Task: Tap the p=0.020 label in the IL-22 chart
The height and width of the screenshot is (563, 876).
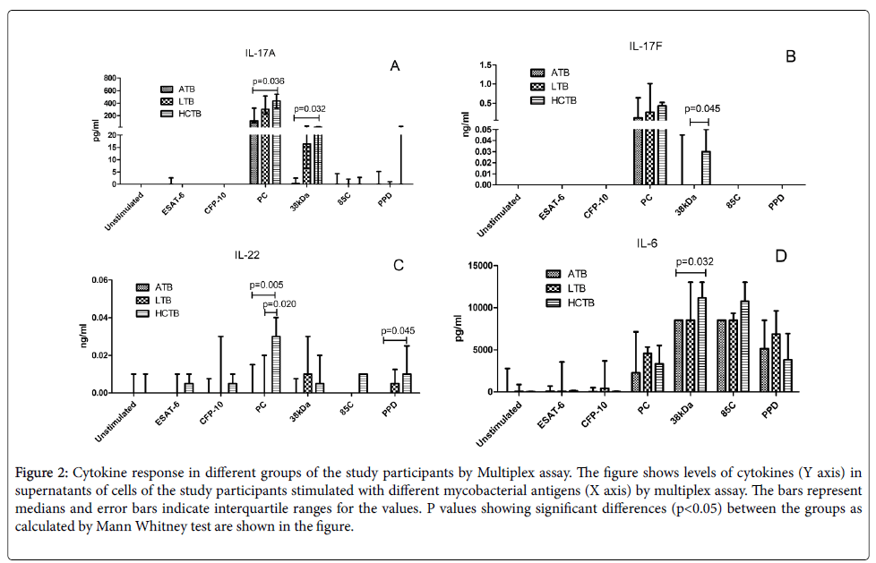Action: point(279,304)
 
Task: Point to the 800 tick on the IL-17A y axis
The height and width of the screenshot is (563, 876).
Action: point(111,77)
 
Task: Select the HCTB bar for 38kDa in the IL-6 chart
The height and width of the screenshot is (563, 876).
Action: point(702,345)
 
